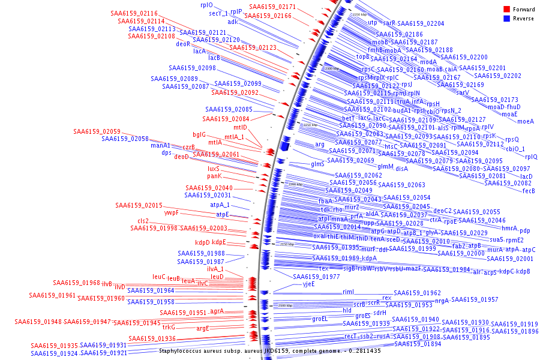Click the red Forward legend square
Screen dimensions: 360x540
tap(507, 9)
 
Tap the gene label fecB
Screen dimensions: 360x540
tap(529, 191)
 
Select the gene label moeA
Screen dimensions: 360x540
tap(525, 121)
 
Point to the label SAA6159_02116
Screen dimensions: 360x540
tap(134, 13)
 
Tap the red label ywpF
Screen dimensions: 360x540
tap(172, 212)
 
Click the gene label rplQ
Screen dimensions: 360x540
tap(531, 157)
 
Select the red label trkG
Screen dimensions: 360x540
tap(169, 327)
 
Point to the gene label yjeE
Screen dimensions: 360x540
tap(308, 284)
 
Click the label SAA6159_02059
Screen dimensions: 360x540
tap(97, 131)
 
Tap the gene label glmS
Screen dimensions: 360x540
tap(317, 164)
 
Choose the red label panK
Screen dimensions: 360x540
tap(215, 176)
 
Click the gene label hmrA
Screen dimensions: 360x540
tap(509, 228)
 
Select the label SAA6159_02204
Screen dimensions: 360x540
tap(421, 23)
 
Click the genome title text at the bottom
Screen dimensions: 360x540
tap(269, 350)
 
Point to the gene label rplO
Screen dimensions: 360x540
tap(206, 5)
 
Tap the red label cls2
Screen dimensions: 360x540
tap(143, 221)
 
